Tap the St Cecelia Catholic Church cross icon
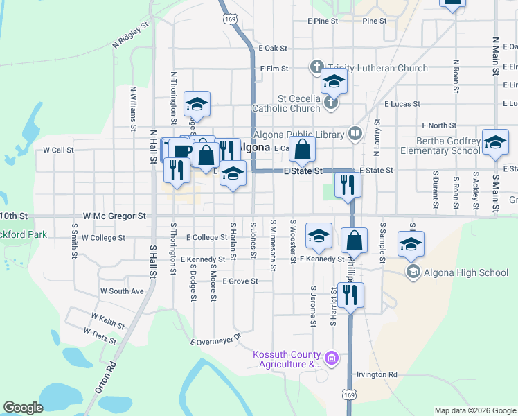point(331,103)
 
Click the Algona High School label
point(467,272)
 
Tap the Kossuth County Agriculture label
point(287,359)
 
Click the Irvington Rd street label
point(377,374)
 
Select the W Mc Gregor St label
point(114,216)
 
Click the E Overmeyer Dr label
point(215,338)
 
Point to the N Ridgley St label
point(131,35)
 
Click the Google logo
point(23,408)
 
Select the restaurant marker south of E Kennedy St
point(350,295)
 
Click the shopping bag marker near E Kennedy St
point(354,241)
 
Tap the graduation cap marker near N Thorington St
point(197,105)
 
